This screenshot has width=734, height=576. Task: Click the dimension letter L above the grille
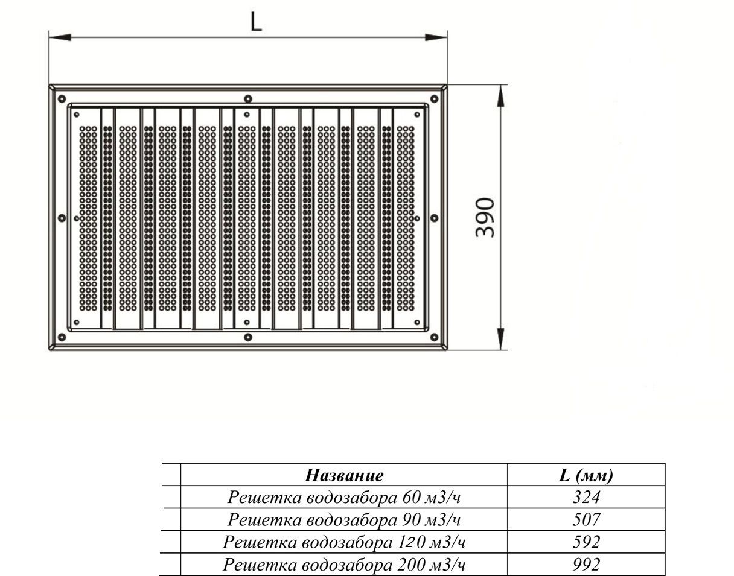point(256,23)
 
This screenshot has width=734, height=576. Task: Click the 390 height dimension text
point(485,218)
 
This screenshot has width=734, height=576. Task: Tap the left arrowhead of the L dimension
point(60,37)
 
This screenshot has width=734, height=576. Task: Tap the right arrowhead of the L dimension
point(436,37)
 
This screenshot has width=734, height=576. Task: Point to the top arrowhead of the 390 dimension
point(501,96)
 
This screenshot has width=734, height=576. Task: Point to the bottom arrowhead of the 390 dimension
point(501,338)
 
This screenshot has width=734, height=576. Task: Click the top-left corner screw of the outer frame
point(62,99)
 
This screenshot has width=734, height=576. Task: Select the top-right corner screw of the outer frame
point(435,99)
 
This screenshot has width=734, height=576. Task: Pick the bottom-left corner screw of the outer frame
point(62,337)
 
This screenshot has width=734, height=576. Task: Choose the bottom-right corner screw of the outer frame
point(435,337)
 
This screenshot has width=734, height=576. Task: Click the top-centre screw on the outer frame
point(248,99)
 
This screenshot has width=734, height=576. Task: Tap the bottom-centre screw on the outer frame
point(248,337)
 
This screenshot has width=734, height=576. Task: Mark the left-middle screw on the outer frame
point(62,218)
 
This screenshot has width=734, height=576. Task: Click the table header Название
point(345,475)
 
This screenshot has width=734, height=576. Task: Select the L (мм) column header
point(586,476)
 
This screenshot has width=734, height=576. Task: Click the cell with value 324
point(586,498)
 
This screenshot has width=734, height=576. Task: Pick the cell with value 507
point(586,520)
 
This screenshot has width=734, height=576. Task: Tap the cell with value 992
point(586,564)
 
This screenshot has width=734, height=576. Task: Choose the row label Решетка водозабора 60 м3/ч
point(344,498)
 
